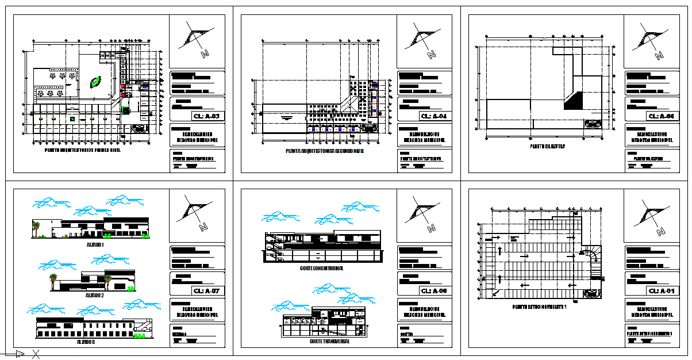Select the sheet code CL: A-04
pyautogui.click(x=434, y=117)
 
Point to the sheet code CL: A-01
pyautogui.click(x=662, y=291)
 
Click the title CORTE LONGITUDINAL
pyautogui.click(x=322, y=268)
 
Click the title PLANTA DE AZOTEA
pyautogui.click(x=548, y=147)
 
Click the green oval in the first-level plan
pyautogui.click(x=95, y=82)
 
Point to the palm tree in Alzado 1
pyautogui.click(x=37, y=227)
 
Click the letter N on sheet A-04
pyautogui.click(x=431, y=55)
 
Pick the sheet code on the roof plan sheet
pyautogui.click(x=662, y=117)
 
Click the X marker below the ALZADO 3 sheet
pyautogui.click(x=36, y=354)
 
